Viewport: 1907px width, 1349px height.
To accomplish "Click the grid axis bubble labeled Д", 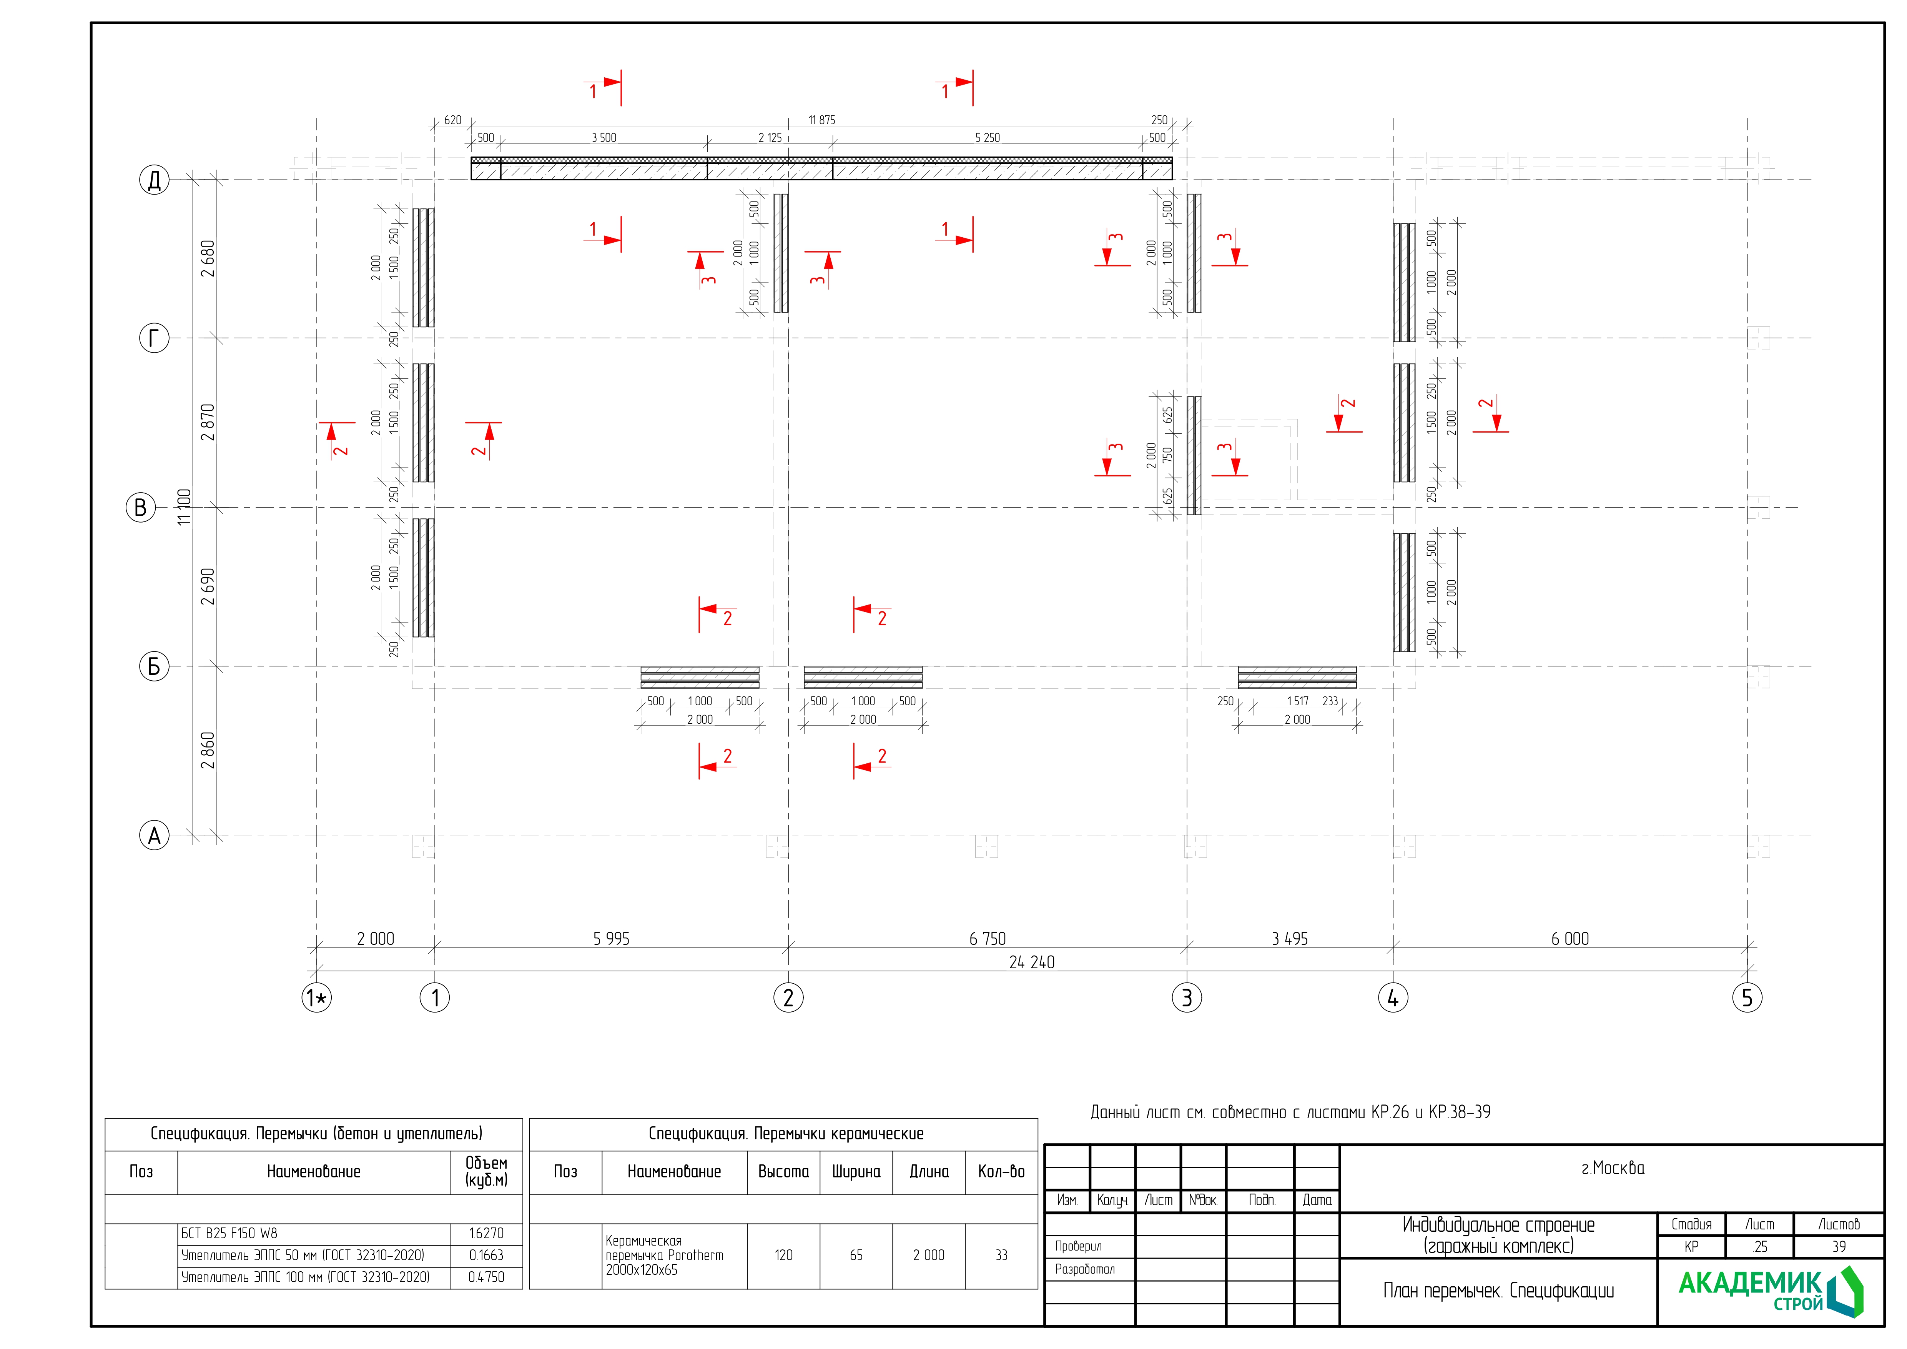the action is pyautogui.click(x=154, y=180).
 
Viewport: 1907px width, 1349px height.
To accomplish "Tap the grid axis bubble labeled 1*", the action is pyautogui.click(x=316, y=998).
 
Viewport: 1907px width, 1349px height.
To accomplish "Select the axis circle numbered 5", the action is pyautogui.click(x=1747, y=998).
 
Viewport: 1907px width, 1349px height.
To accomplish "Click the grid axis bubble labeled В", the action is pyautogui.click(x=140, y=508).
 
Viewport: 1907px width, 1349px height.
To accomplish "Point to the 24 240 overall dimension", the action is pyautogui.click(x=1032, y=962).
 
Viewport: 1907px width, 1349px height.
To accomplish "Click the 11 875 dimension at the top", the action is pyautogui.click(x=821, y=120).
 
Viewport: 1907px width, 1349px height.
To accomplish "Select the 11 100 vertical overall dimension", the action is pyautogui.click(x=185, y=507).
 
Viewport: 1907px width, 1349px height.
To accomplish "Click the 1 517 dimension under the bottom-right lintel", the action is pyautogui.click(x=1297, y=701).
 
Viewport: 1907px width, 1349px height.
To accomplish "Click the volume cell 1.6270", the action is pyautogui.click(x=486, y=1234).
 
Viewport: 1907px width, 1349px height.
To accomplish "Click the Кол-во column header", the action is pyautogui.click(x=1001, y=1171).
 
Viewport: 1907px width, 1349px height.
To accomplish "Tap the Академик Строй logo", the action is pyautogui.click(x=1770, y=1292).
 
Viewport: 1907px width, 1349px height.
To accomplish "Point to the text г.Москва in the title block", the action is pyautogui.click(x=1612, y=1168).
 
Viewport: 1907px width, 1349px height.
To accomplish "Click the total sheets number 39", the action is pyautogui.click(x=1839, y=1247).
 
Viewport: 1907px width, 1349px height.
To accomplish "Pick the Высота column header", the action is pyautogui.click(x=783, y=1171).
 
